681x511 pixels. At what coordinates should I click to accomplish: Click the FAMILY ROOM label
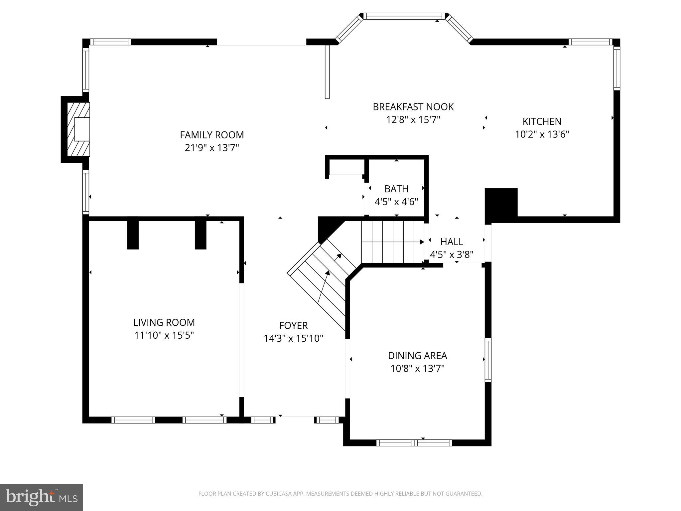[x=212, y=135]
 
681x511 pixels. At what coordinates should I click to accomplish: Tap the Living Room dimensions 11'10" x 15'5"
[x=164, y=335]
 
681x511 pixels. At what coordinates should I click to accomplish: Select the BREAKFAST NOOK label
[x=413, y=107]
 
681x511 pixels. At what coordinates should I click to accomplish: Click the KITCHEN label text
[x=542, y=121]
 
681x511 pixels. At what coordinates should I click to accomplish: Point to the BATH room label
[x=396, y=189]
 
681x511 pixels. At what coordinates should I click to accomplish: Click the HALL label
[x=452, y=242]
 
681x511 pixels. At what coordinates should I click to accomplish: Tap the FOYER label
[x=293, y=325]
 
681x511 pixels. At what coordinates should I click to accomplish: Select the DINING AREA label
[x=417, y=356]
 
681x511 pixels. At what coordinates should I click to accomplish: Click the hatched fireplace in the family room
[x=78, y=129]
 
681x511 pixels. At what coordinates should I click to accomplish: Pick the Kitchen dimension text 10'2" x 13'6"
[x=542, y=134]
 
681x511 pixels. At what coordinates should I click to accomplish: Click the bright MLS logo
[x=42, y=497]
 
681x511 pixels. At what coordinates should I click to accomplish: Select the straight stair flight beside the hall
[x=392, y=242]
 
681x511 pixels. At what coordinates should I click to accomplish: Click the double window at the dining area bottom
[x=414, y=442]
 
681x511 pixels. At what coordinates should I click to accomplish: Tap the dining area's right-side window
[x=488, y=360]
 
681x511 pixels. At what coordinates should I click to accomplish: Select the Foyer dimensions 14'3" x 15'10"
[x=293, y=339]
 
